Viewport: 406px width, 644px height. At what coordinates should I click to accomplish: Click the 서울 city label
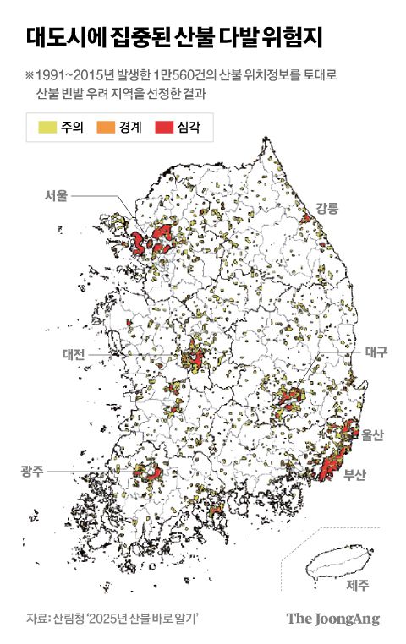pyautogui.click(x=56, y=195)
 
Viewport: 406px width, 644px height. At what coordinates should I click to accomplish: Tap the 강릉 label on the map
pyautogui.click(x=326, y=207)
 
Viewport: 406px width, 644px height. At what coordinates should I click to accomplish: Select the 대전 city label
pyautogui.click(x=74, y=355)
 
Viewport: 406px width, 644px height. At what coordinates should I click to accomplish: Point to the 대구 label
pyautogui.click(x=375, y=352)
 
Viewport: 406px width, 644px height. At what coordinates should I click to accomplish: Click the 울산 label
pyautogui.click(x=372, y=435)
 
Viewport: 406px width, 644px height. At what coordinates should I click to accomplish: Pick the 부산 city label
pyautogui.click(x=355, y=474)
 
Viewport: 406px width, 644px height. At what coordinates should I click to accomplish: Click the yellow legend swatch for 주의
pyautogui.click(x=47, y=128)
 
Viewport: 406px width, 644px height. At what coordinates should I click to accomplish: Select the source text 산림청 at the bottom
pyautogui.click(x=69, y=618)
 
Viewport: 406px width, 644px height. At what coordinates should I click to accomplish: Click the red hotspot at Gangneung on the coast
pyautogui.click(x=305, y=219)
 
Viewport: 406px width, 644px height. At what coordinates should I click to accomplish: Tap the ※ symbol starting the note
pyautogui.click(x=30, y=75)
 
